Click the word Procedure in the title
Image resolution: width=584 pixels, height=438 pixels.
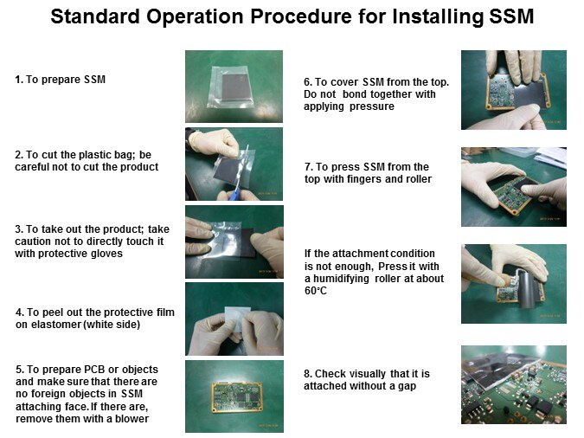click(300, 16)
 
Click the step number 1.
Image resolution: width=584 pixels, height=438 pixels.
click(19, 80)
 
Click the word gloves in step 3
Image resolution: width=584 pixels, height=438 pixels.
click(107, 254)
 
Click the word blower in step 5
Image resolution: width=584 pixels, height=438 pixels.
click(132, 419)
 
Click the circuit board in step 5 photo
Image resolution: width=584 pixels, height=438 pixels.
click(235, 397)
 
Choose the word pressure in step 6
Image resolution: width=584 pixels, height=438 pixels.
click(372, 106)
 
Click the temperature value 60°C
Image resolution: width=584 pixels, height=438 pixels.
click(316, 291)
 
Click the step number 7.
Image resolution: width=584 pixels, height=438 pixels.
click(308, 166)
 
